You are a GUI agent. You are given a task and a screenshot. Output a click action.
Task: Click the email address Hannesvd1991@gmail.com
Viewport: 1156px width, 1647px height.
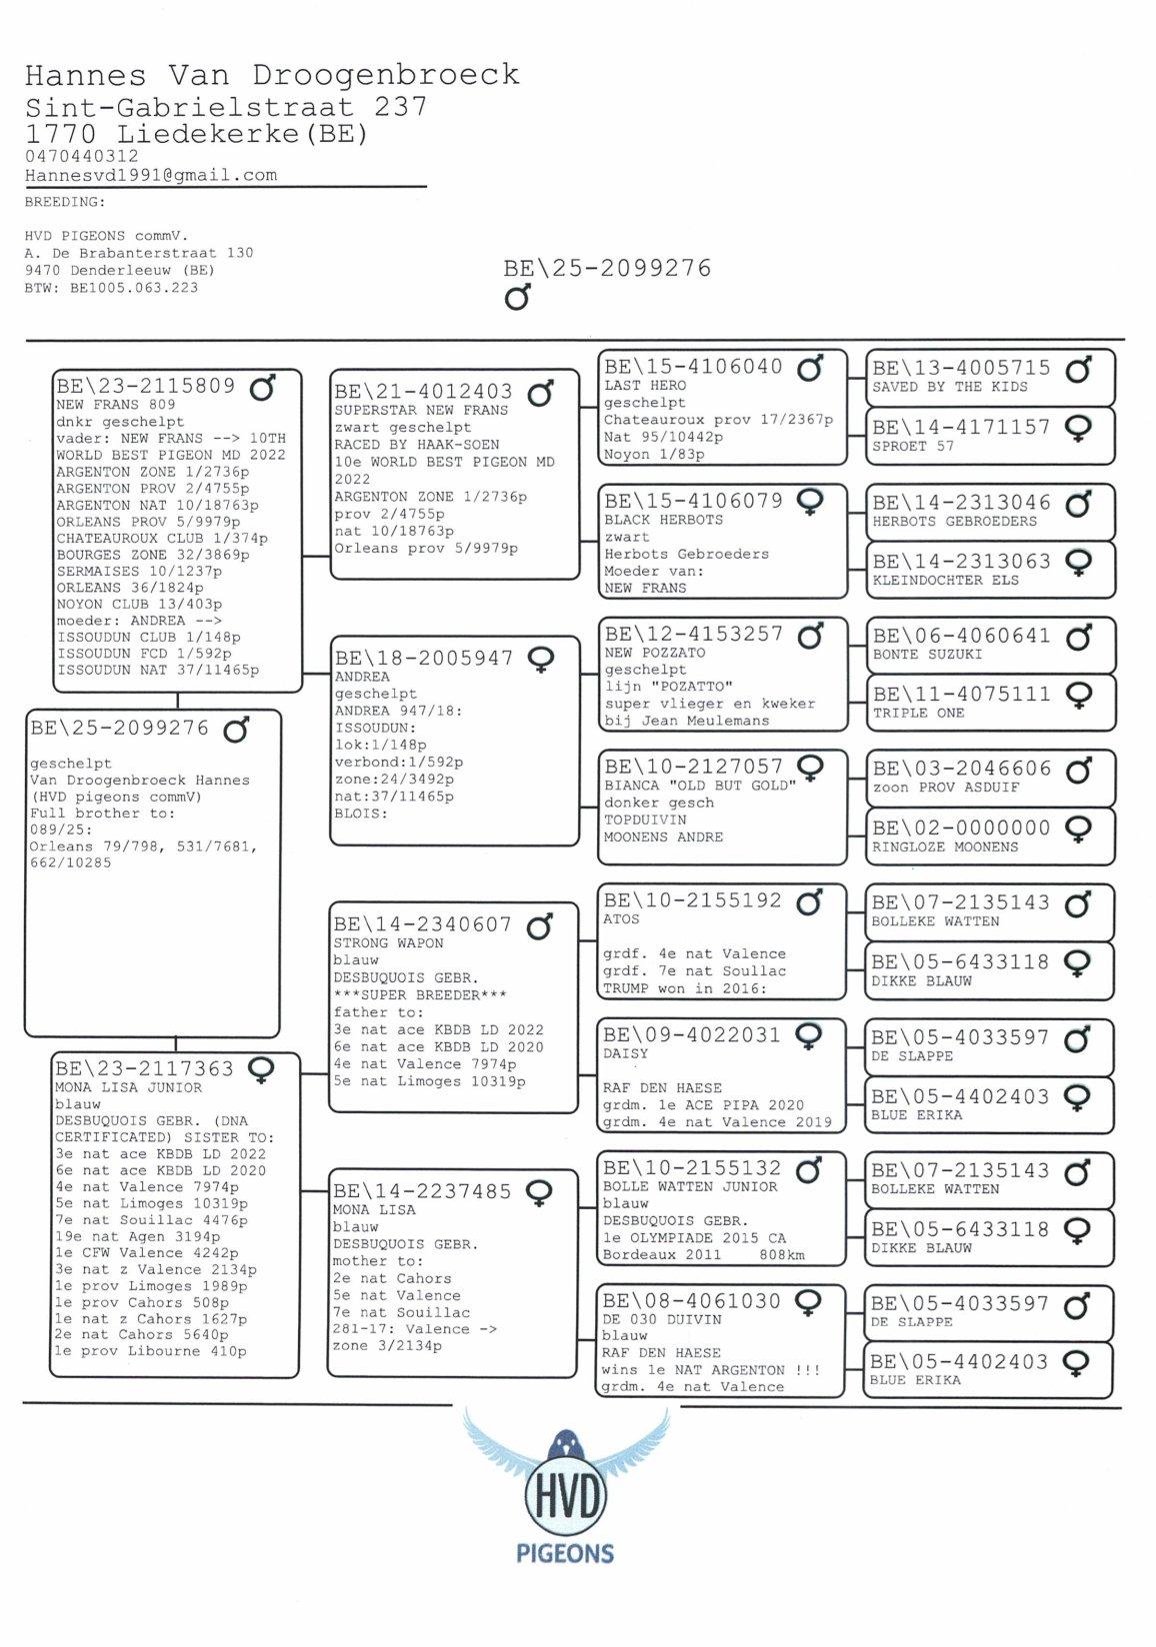tap(151, 175)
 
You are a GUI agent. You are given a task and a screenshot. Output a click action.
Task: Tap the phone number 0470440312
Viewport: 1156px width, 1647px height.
tap(82, 156)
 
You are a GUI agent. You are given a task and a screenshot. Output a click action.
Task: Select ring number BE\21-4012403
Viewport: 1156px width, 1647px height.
tap(424, 392)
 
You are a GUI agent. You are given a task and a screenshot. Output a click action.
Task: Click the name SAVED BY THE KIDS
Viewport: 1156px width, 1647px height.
tap(950, 387)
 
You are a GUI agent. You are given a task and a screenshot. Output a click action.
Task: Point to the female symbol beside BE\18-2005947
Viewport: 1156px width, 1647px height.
tap(541, 660)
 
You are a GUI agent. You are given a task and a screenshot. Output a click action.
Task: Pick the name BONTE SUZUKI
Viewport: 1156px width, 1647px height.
tap(927, 655)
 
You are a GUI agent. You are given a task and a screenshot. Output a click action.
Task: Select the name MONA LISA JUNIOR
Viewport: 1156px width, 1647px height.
tap(128, 1087)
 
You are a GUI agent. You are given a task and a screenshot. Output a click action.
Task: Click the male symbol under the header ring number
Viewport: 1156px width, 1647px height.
tap(517, 297)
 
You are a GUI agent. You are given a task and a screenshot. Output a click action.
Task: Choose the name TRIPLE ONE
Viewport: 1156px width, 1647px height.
tap(918, 714)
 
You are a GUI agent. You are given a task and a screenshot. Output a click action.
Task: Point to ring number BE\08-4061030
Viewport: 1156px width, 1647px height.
tap(692, 1301)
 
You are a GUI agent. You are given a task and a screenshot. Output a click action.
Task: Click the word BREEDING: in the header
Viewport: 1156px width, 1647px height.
tap(65, 202)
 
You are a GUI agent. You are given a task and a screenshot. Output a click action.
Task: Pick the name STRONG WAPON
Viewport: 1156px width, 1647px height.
tap(388, 943)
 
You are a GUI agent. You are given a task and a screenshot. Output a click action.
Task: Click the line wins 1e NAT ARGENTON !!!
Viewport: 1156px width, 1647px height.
tap(710, 1370)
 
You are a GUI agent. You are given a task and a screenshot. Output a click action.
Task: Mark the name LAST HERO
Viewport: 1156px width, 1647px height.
tap(645, 386)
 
